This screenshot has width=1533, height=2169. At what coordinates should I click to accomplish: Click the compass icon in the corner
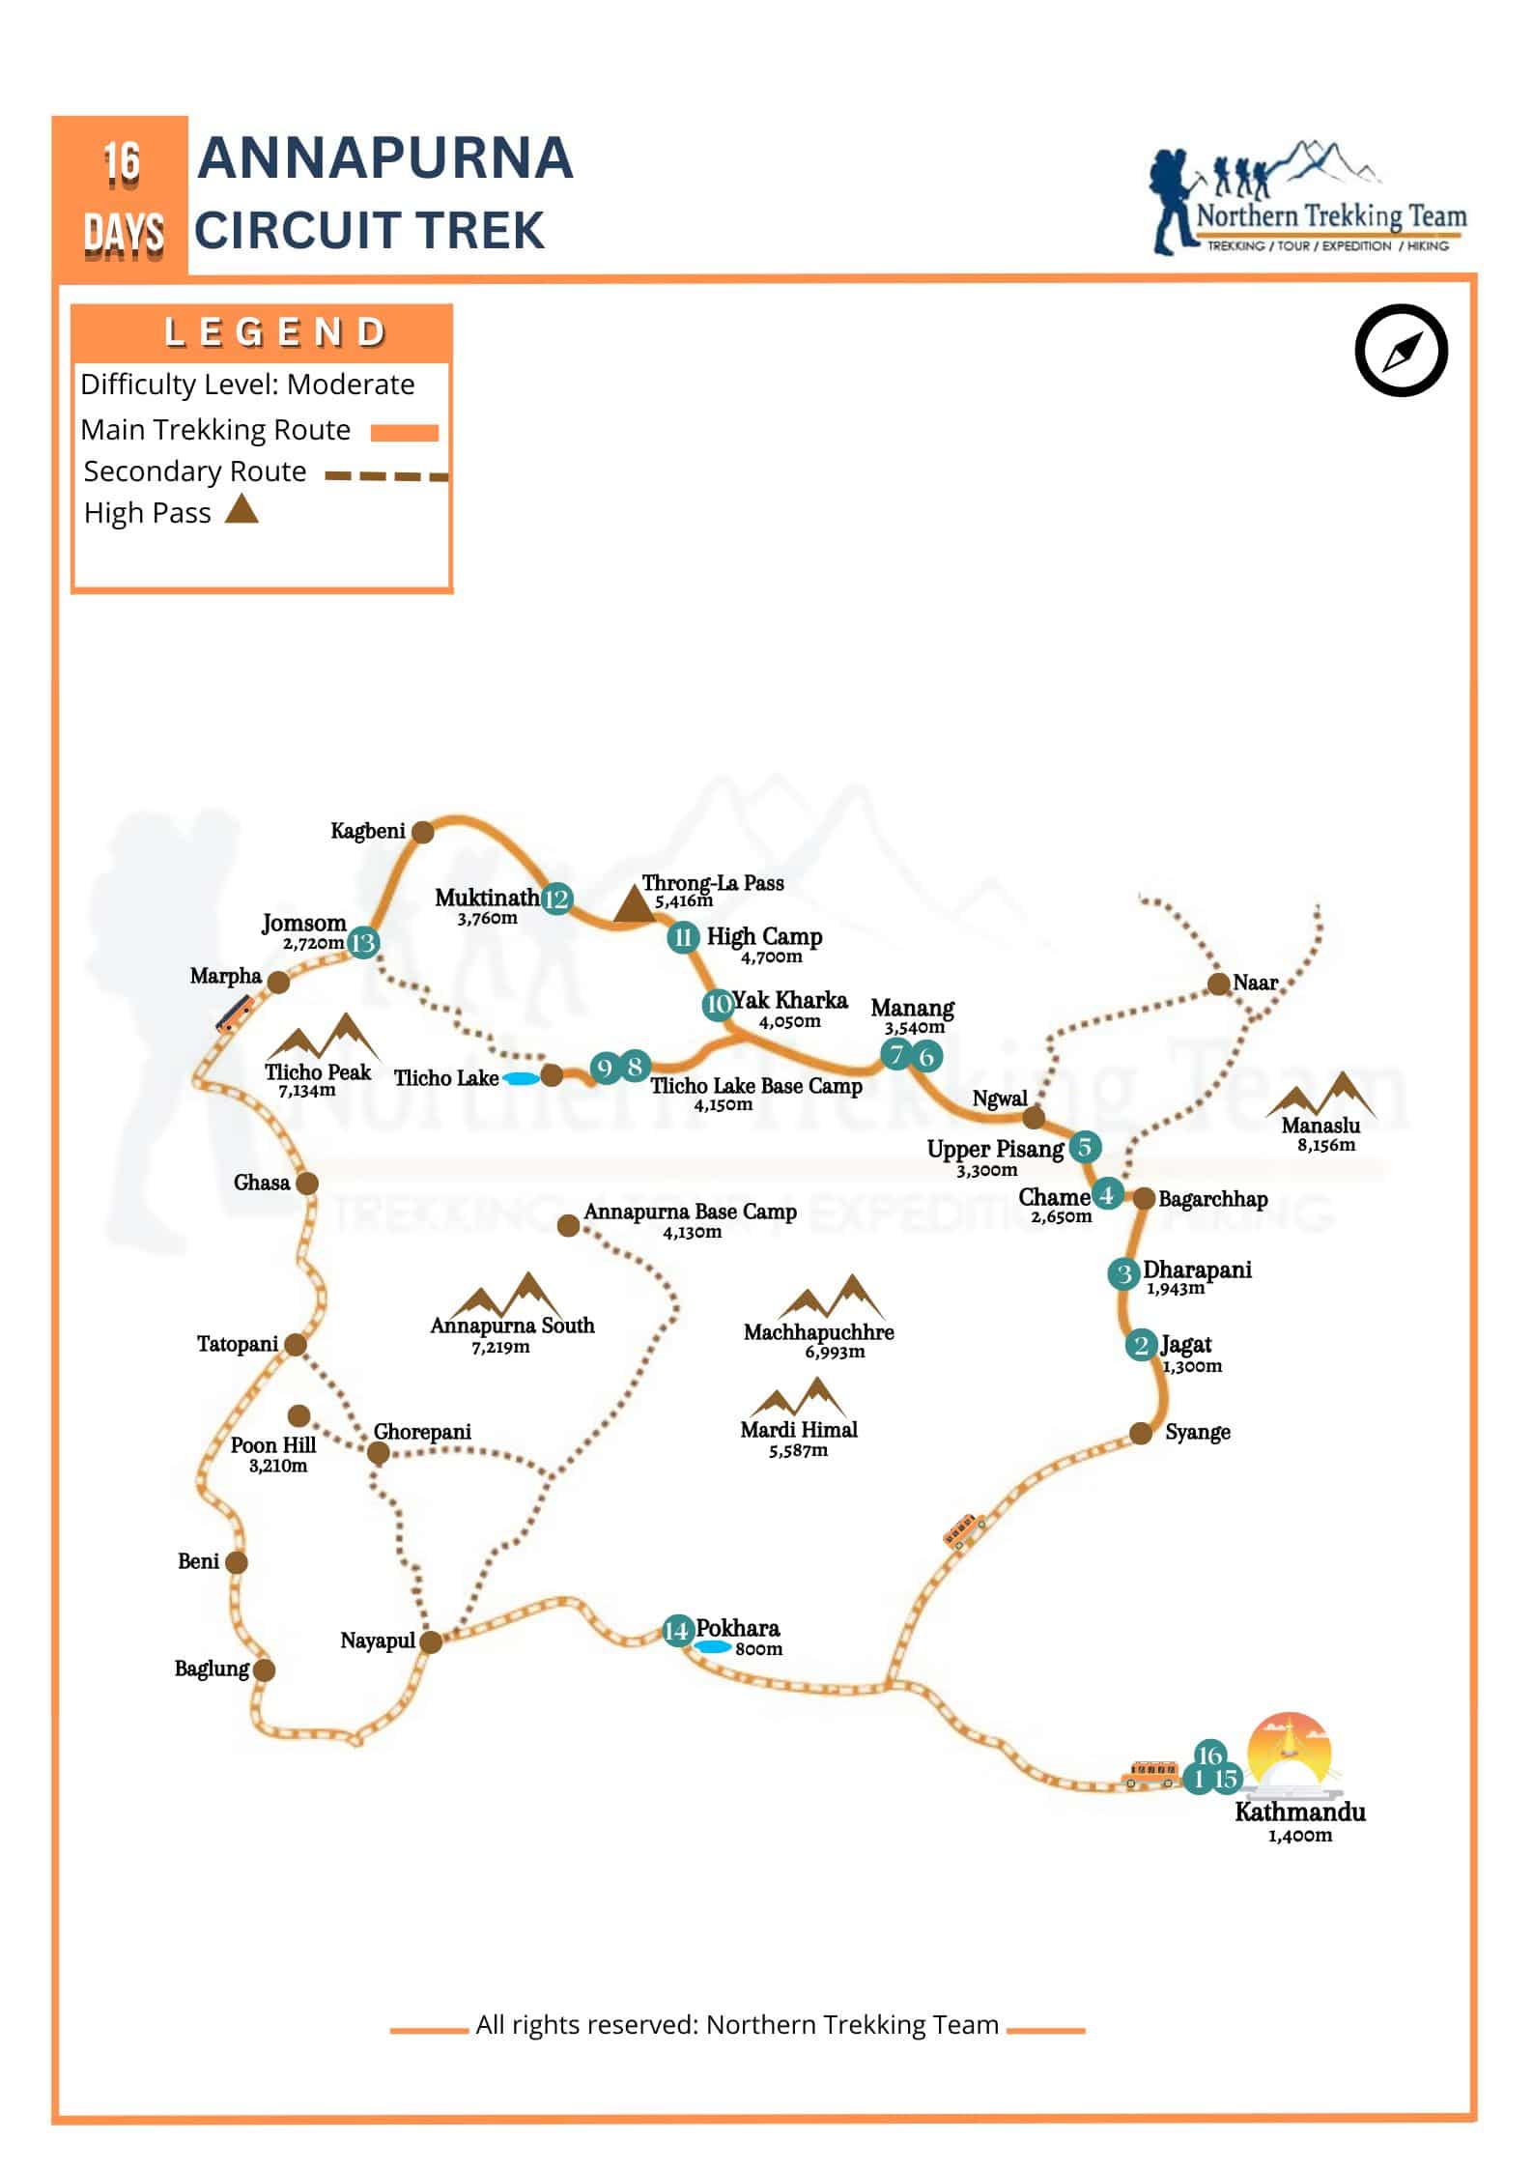[x=1401, y=351]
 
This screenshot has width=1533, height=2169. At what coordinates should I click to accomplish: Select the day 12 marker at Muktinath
[x=556, y=899]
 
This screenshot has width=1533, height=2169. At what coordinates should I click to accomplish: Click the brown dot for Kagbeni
[x=422, y=831]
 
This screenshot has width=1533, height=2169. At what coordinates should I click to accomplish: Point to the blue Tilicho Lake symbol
[x=521, y=1078]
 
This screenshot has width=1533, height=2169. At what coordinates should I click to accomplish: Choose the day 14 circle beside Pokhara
[x=677, y=1631]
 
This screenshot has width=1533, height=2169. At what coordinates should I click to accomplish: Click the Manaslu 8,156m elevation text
[x=1325, y=1146]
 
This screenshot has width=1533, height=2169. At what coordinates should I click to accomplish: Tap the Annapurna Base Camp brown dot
[x=568, y=1226]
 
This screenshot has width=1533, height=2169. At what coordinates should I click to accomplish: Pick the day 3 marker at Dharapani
[x=1122, y=1273]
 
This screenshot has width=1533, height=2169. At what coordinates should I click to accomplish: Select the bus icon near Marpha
[x=233, y=1013]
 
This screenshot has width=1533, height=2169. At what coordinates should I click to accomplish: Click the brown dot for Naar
[x=1218, y=984]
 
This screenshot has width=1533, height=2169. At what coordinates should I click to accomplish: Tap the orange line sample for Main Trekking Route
[x=405, y=432]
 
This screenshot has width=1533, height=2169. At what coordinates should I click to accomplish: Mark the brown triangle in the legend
[x=241, y=509]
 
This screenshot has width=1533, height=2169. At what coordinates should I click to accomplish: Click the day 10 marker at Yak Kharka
[x=717, y=1004]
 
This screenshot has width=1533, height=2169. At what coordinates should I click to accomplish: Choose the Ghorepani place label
[x=422, y=1432]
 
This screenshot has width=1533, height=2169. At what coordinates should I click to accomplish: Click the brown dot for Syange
[x=1141, y=1433]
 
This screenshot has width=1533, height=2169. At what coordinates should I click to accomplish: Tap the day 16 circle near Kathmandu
[x=1209, y=1755]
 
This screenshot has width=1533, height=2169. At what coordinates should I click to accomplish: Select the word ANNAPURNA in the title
[x=385, y=158]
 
